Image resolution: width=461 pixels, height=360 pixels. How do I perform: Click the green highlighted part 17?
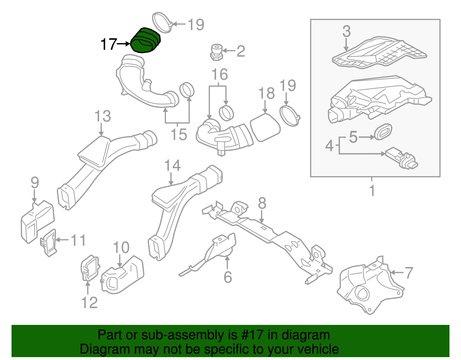[x=146, y=41]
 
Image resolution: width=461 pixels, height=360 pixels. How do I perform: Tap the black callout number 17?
[x=109, y=45]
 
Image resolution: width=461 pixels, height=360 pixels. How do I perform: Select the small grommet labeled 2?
[x=216, y=52]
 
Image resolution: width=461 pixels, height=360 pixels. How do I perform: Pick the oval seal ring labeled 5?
[x=383, y=132]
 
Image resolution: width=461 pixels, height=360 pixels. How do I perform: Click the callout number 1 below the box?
[x=372, y=191]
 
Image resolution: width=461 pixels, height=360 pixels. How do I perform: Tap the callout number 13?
[x=103, y=116]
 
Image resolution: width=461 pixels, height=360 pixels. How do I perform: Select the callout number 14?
[x=172, y=166]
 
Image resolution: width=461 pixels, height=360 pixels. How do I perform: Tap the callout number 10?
[x=121, y=248]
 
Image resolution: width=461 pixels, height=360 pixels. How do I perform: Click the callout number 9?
[x=35, y=182]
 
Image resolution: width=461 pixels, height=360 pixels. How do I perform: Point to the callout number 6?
[x=228, y=277]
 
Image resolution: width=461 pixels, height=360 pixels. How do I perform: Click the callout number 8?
[x=262, y=203]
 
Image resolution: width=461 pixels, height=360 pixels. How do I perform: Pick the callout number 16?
[x=220, y=75]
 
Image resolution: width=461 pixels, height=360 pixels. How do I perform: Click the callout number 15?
[x=179, y=134]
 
